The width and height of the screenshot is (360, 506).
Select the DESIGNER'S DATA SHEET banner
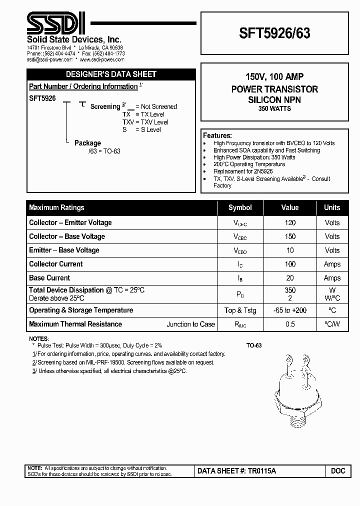(110, 74)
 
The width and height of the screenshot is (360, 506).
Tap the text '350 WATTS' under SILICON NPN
(274, 108)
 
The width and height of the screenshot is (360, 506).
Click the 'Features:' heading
(217, 135)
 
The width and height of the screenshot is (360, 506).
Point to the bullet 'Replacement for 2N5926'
(243, 171)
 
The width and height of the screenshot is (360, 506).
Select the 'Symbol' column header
(240, 207)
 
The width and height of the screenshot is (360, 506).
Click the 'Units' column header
(332, 207)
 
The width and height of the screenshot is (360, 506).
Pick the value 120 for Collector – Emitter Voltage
(290, 222)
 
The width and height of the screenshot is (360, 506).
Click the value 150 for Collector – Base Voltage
(290, 236)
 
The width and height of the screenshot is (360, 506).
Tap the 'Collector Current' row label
(56, 264)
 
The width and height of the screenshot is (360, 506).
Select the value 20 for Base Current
(290, 278)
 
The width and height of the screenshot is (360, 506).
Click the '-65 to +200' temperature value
(290, 310)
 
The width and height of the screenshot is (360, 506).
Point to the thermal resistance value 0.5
(290, 324)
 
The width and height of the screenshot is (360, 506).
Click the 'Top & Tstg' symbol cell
(240, 310)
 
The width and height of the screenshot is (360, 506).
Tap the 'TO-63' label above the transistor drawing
(254, 345)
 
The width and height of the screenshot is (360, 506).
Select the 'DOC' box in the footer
(338, 471)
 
